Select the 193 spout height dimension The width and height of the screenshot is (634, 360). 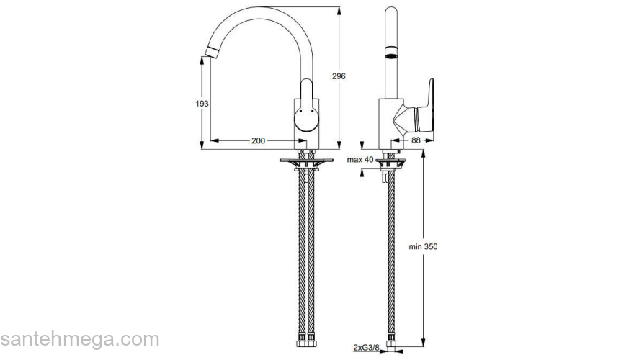coord(202,104)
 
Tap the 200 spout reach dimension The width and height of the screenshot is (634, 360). coord(257,140)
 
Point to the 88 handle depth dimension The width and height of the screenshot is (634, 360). coord(416,140)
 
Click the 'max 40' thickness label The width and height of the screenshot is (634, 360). coord(360,159)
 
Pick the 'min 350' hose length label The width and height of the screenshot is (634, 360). coord(422,246)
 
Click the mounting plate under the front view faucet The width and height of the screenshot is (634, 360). coord(306,159)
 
